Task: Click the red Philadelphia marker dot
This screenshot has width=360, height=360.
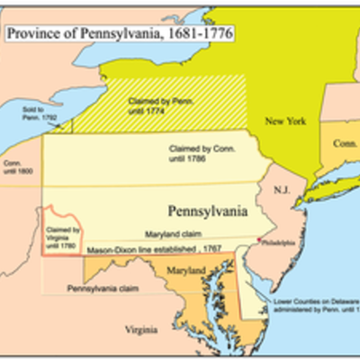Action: click(260, 240)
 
